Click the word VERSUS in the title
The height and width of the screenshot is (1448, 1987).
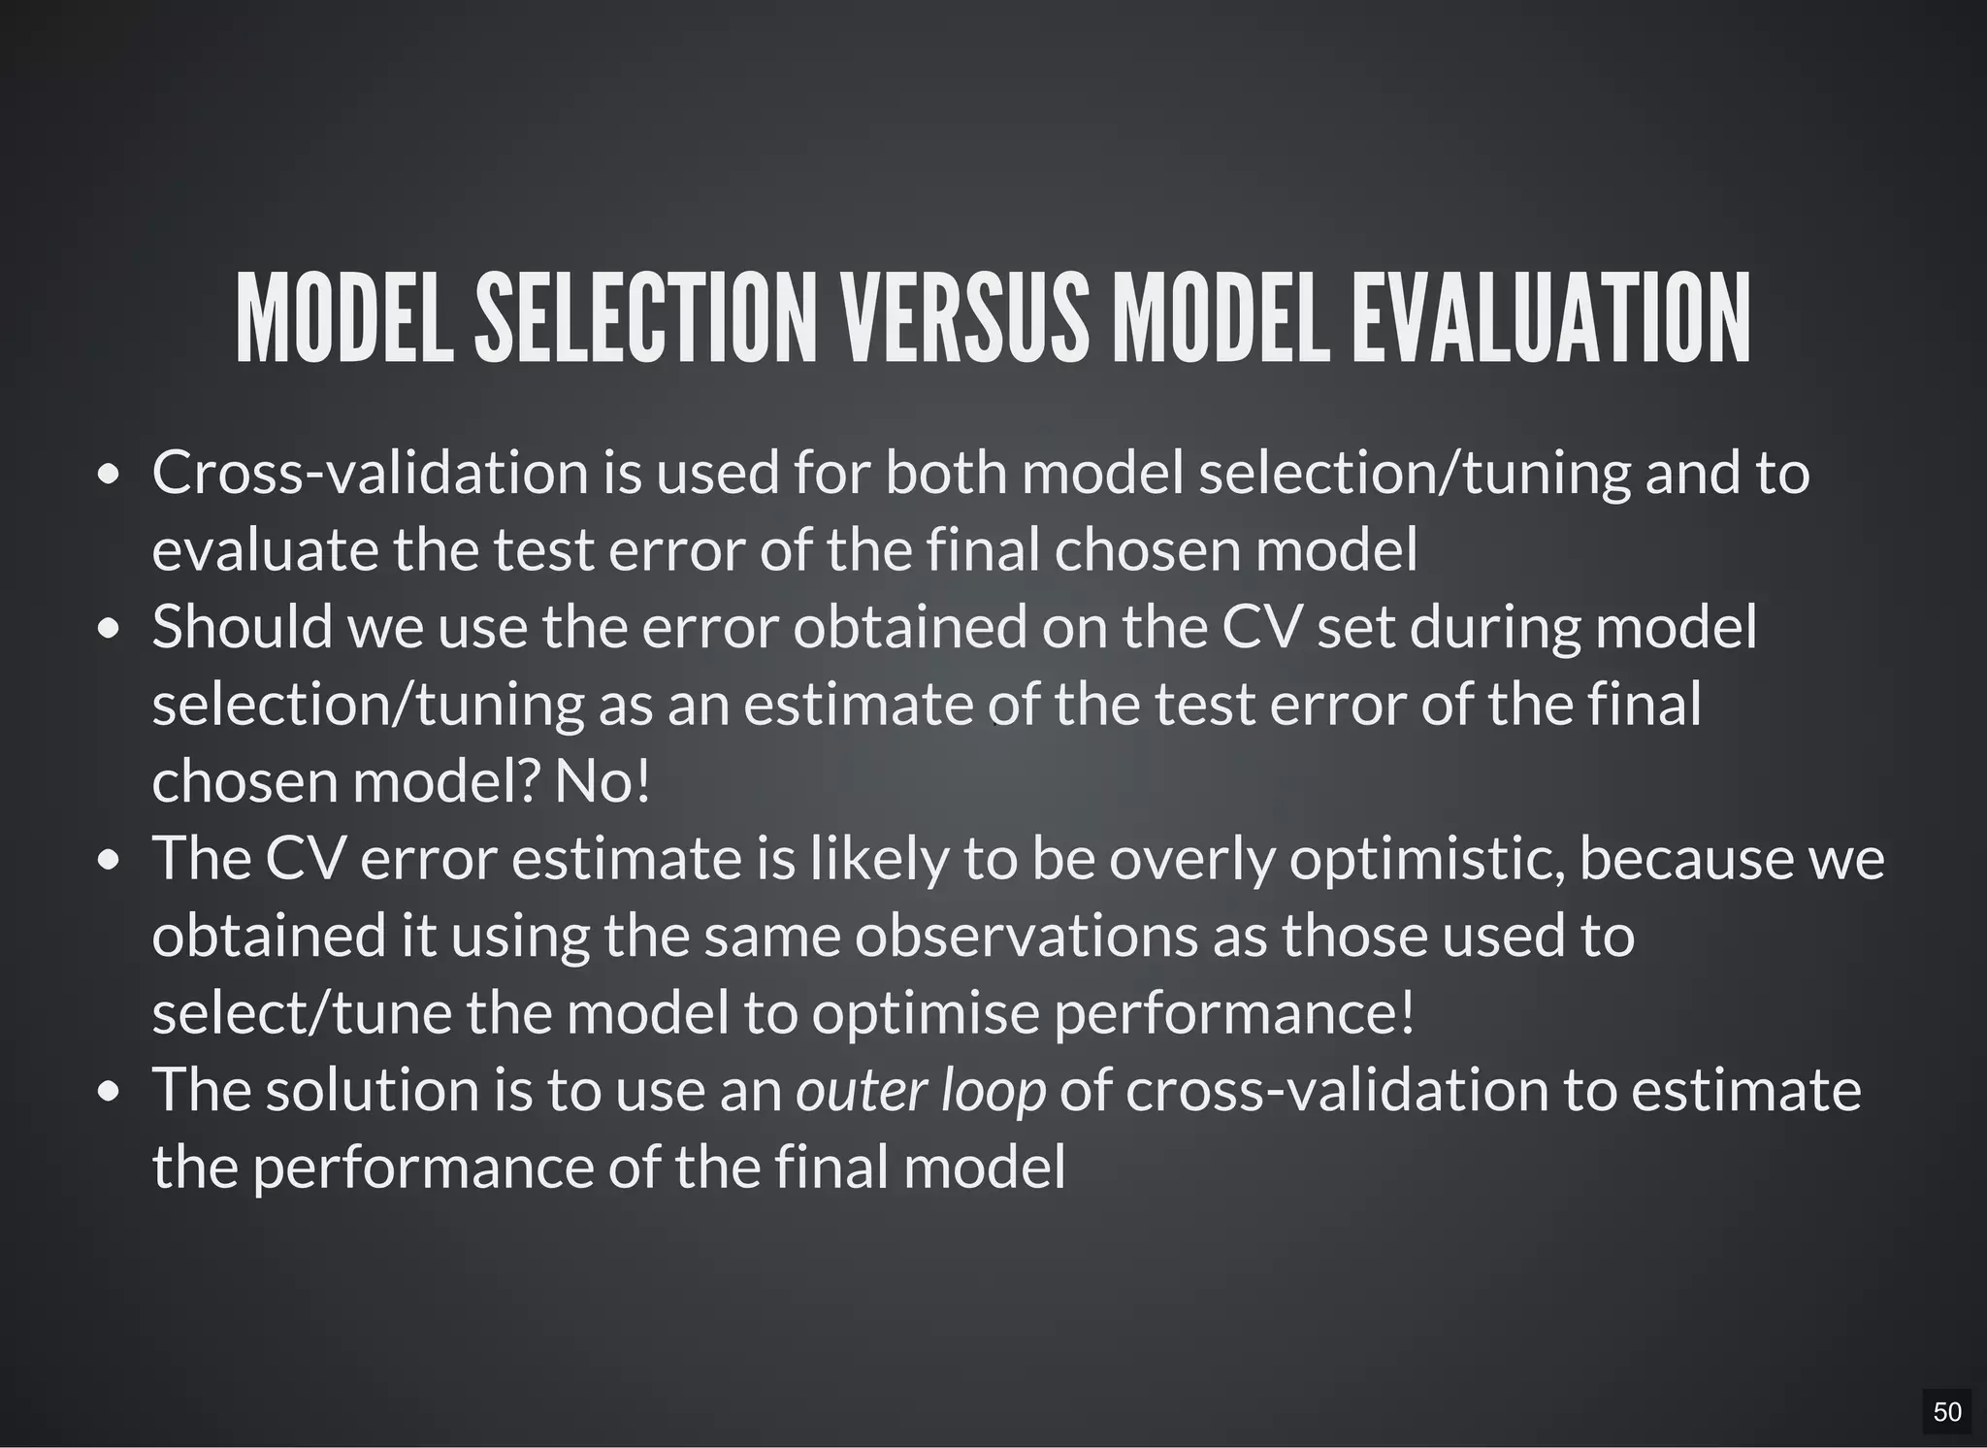(x=964, y=318)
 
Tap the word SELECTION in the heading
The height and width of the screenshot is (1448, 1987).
(x=645, y=318)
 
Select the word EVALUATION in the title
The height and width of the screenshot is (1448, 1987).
(x=1550, y=318)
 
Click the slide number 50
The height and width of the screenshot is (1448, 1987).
(x=1946, y=1412)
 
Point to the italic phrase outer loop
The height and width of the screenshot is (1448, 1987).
(x=921, y=1090)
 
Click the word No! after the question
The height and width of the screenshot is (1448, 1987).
(x=602, y=781)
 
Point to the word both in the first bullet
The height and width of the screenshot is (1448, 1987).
(x=947, y=473)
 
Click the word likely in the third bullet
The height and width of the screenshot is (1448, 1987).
(x=879, y=860)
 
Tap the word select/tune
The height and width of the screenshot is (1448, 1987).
(x=302, y=1014)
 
